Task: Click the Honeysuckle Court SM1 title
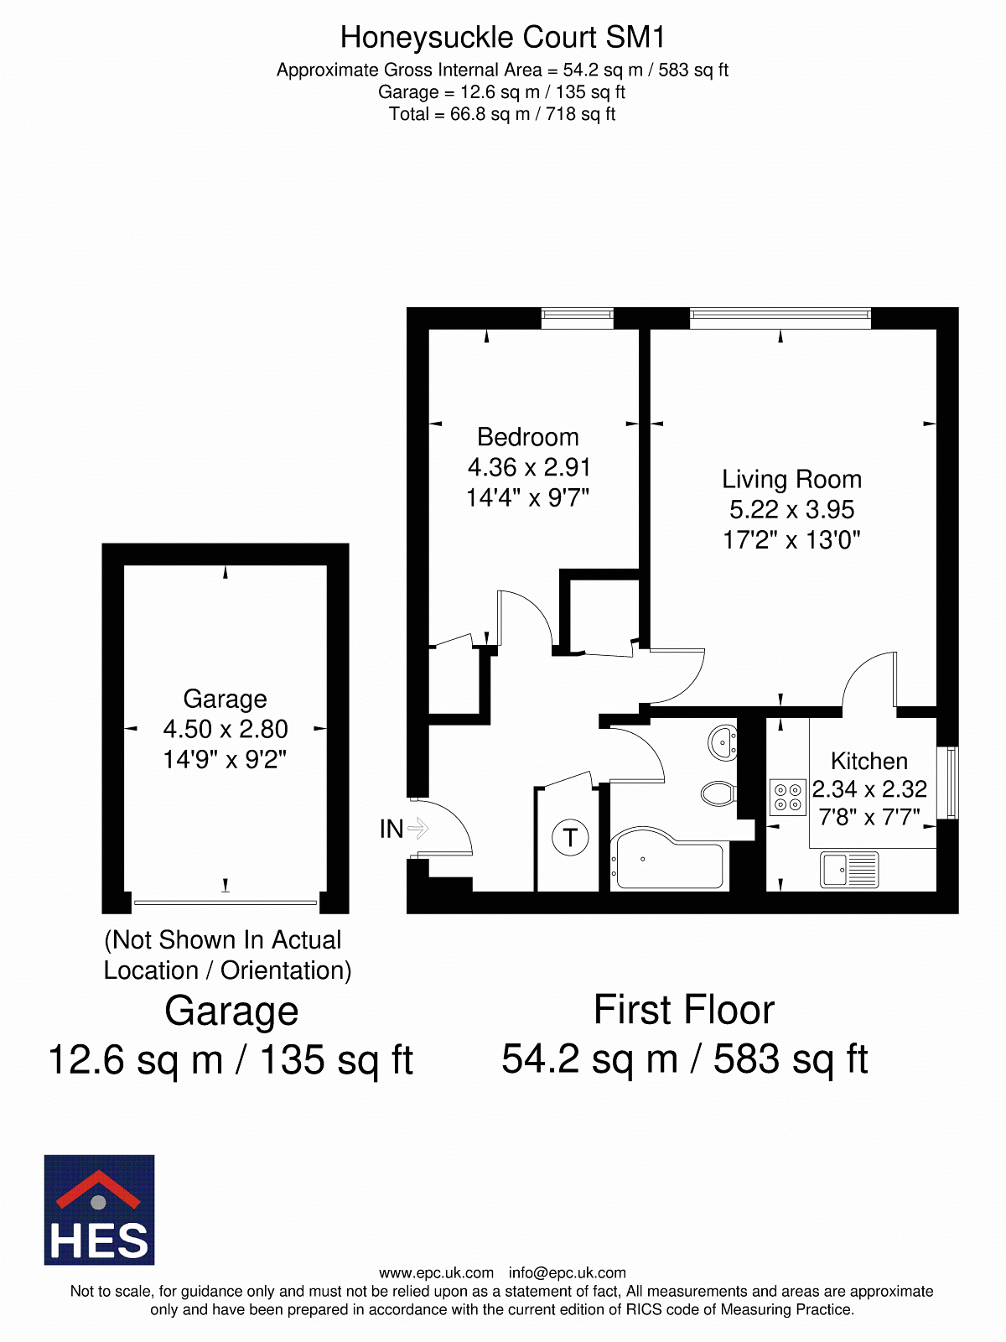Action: coord(502,37)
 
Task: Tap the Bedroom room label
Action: coord(528,436)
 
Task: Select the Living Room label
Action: coord(791,479)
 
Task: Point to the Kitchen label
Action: coord(869,761)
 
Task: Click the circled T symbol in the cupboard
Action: coord(570,837)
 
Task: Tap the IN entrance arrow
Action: coord(418,829)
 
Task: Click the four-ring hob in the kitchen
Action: coord(787,798)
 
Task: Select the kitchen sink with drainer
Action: coord(849,869)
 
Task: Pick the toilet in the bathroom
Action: coord(719,793)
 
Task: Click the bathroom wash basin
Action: coord(723,743)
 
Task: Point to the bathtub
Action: coord(670,859)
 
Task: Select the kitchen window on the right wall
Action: coord(952,783)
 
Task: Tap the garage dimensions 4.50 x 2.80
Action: coord(226,729)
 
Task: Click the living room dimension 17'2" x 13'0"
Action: coord(791,540)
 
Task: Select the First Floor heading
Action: coord(684,1010)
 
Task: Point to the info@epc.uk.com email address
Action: coord(568,1273)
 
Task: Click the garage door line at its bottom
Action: coord(226,902)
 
